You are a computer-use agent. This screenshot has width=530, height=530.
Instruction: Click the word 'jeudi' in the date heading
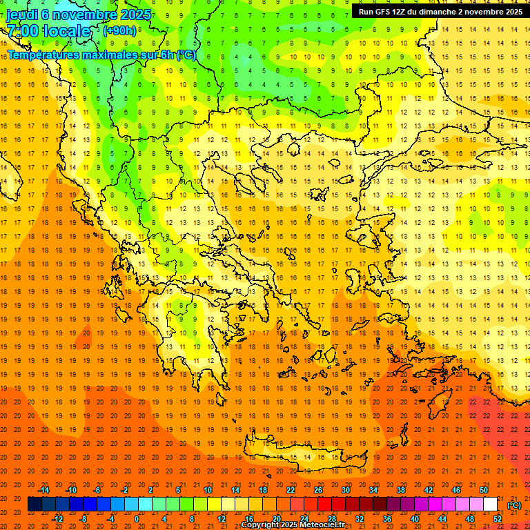click(22, 14)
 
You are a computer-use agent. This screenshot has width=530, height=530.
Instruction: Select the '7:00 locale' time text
click(48, 31)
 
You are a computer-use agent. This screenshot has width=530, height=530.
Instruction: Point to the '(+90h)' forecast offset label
click(119, 31)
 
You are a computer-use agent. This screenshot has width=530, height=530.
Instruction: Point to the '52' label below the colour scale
click(498, 518)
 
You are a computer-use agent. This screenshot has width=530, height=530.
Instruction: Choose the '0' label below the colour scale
click(137, 518)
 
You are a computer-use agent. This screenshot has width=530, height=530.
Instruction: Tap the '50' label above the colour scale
click(484, 490)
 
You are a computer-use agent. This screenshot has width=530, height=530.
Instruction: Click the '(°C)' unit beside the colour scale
click(513, 505)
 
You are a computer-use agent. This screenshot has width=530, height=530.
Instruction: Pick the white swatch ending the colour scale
click(491, 504)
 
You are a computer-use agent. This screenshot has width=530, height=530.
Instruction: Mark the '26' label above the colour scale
click(318, 490)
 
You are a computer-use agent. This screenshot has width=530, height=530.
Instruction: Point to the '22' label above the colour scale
click(291, 490)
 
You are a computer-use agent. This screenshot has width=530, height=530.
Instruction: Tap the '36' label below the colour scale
click(387, 518)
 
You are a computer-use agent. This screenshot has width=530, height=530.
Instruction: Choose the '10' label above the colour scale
click(207, 490)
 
